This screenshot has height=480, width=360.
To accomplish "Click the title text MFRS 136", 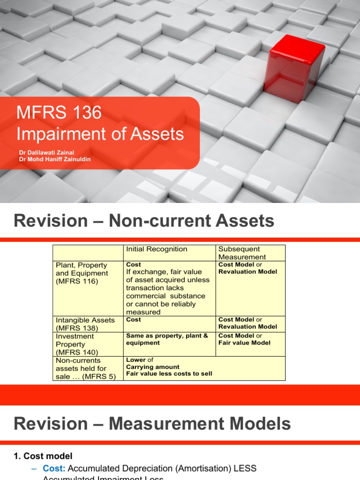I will [x=59, y=113].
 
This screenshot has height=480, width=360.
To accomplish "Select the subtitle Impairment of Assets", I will [x=100, y=134].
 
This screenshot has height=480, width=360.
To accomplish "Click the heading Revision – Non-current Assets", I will [x=144, y=220].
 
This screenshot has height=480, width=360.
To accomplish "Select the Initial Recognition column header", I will [x=157, y=249].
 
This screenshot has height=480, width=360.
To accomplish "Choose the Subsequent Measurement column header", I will [x=241, y=253].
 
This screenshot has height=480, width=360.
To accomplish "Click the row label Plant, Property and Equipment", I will [x=82, y=273].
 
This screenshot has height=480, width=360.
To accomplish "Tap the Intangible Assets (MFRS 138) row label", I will [x=85, y=324].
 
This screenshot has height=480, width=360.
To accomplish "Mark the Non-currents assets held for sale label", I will [x=85, y=368].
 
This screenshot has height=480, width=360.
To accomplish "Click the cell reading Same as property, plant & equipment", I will [x=167, y=339].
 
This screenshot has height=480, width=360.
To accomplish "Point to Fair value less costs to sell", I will [x=169, y=374].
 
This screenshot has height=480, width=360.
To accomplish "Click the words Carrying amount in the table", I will [x=153, y=367].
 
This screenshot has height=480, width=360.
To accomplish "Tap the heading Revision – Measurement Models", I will [x=152, y=424].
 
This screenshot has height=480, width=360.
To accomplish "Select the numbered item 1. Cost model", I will [x=43, y=456].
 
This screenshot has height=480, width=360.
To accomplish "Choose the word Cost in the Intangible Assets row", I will [x=134, y=320].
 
